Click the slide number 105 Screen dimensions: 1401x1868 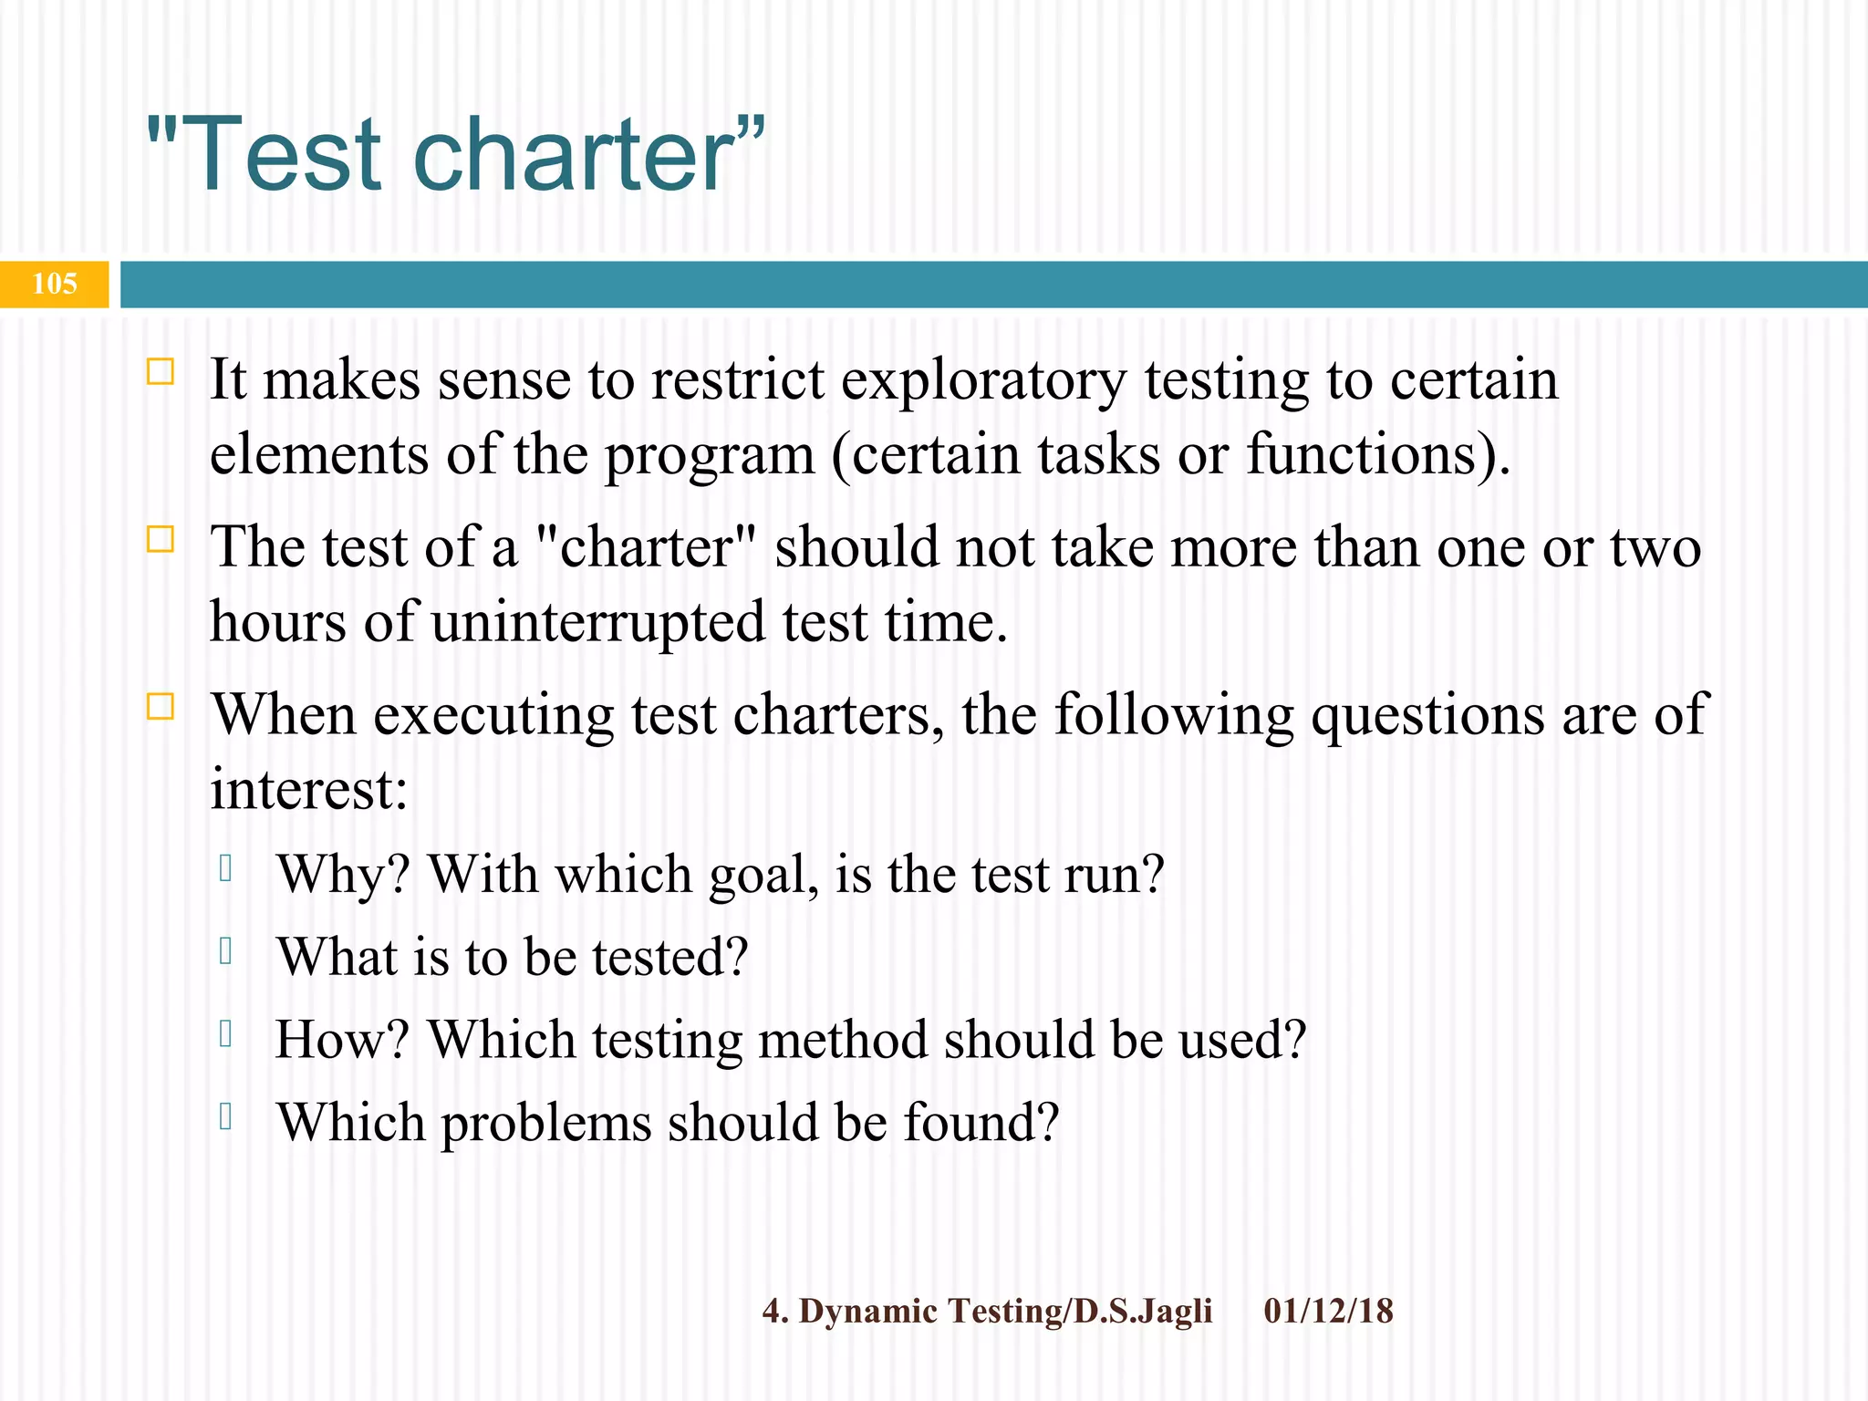click(x=55, y=284)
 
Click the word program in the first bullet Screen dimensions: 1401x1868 click(x=710, y=456)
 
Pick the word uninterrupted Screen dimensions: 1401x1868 click(x=598, y=623)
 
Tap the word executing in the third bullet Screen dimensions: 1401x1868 click(x=493, y=715)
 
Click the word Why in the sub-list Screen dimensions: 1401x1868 click(x=336, y=876)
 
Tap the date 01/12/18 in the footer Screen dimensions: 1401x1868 click(x=1328, y=1312)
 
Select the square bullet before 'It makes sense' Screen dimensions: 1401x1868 click(x=161, y=372)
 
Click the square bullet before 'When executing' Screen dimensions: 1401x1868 click(x=161, y=707)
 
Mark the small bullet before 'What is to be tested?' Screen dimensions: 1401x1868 click(x=226, y=951)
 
